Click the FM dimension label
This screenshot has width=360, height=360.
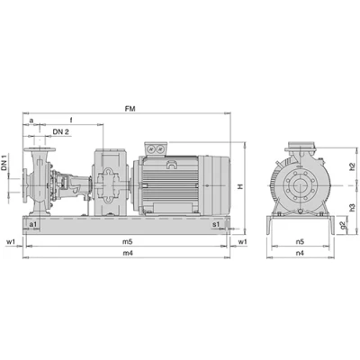click(130, 109)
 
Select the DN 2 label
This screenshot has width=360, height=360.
click(61, 131)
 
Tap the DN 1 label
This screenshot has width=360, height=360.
click(4, 162)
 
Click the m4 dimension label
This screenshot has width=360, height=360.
click(128, 253)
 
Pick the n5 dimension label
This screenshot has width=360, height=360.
click(300, 241)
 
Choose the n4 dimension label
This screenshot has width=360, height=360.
click(300, 253)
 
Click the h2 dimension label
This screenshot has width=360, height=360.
click(352, 166)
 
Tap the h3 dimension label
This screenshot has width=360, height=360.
click(352, 208)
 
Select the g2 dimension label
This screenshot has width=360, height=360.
click(344, 225)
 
